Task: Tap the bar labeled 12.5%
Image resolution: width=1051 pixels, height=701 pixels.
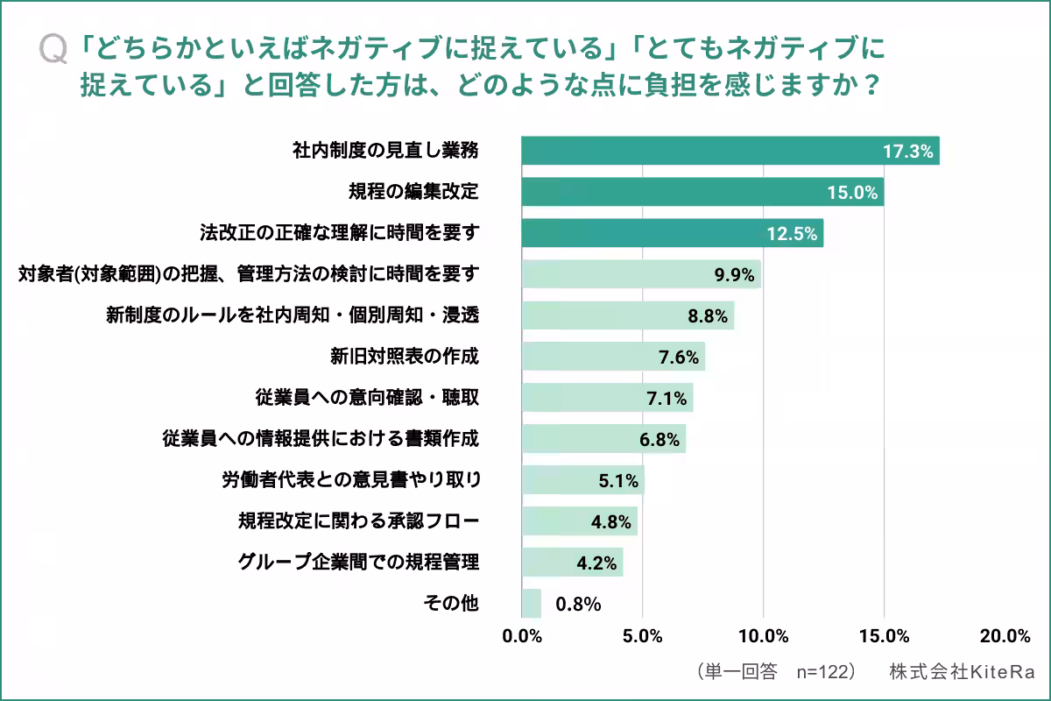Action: click(672, 233)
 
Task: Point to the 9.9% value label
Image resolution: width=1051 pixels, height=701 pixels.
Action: click(734, 275)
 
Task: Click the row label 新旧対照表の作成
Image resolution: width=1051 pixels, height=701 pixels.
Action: click(405, 356)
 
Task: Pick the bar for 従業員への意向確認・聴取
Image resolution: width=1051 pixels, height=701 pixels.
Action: click(607, 397)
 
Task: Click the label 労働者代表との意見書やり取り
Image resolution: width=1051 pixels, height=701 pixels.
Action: click(350, 479)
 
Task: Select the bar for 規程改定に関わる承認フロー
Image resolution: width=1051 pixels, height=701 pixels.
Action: click(579, 521)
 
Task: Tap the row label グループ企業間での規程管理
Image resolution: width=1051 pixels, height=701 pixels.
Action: click(358, 561)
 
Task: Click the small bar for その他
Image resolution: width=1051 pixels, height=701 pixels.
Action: click(532, 603)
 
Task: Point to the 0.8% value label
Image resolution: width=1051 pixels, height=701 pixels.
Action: click(577, 604)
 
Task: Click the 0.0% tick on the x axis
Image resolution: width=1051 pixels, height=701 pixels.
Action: click(523, 636)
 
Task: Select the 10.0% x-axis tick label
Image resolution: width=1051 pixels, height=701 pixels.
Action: click(763, 636)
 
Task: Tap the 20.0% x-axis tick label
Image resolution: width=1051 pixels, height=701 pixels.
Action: click(1005, 636)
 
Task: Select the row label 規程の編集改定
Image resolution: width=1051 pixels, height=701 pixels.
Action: click(413, 192)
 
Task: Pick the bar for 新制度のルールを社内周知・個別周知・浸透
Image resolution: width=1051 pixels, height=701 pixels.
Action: click(627, 315)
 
